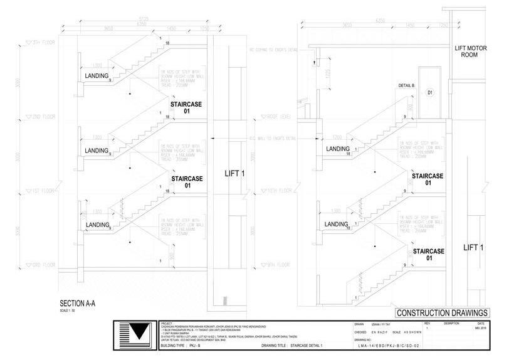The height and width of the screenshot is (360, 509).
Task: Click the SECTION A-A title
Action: point(80,302)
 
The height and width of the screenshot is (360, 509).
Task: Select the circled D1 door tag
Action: point(431,93)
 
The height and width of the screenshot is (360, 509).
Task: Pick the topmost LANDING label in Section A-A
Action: point(97,77)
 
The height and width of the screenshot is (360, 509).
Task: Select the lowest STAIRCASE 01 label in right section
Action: point(429,255)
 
